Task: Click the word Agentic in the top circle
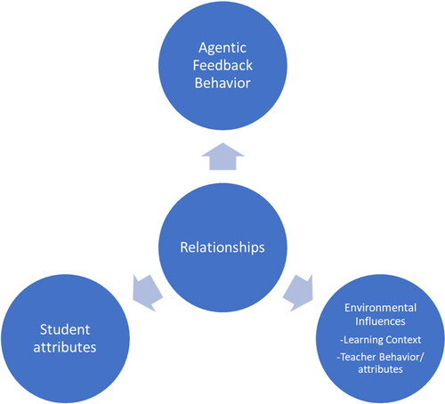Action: pyautogui.click(x=222, y=48)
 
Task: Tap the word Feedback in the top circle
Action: pyautogui.click(x=222, y=65)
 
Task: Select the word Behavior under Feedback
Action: pyautogui.click(x=222, y=83)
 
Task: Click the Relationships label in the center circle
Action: pyautogui.click(x=222, y=247)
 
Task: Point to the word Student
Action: pyautogui.click(x=65, y=329)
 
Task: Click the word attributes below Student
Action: pyautogui.click(x=65, y=347)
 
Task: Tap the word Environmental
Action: pyautogui.click(x=380, y=308)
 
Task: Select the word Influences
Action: pyautogui.click(x=380, y=321)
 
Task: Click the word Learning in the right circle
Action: pyautogui.click(x=359, y=340)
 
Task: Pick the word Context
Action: pyautogui.click(x=400, y=340)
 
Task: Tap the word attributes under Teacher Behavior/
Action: pyautogui.click(x=380, y=369)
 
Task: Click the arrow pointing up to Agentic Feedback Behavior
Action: pyautogui.click(x=222, y=157)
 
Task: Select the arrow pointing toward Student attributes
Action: pyautogui.click(x=147, y=293)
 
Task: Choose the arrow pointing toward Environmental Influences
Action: pyautogui.click(x=298, y=293)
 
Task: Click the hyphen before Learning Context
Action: pyautogui.click(x=342, y=341)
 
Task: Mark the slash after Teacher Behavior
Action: pyautogui.click(x=423, y=357)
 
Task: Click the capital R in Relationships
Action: pyautogui.click(x=184, y=246)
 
